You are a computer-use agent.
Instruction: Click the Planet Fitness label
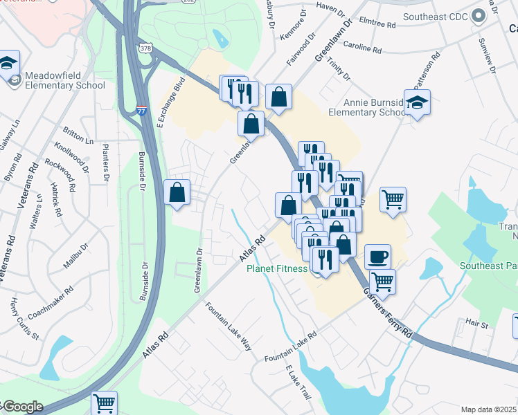coord(278,268)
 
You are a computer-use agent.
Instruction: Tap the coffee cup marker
coord(377,257)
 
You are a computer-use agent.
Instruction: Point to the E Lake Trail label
coord(298,382)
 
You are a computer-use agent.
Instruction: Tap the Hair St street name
coord(477,323)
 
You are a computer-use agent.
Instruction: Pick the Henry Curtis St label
coord(25,319)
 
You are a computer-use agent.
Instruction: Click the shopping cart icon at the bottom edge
coord(104,403)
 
